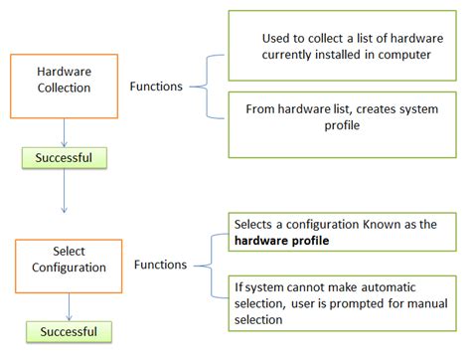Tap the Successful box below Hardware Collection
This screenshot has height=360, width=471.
(x=64, y=156)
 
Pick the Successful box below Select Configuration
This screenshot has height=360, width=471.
(x=70, y=330)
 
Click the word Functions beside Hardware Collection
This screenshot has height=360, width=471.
(x=156, y=87)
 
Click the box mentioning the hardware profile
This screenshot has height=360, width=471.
(x=341, y=233)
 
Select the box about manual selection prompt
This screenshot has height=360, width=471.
(x=341, y=297)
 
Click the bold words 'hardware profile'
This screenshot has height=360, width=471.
(x=281, y=241)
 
